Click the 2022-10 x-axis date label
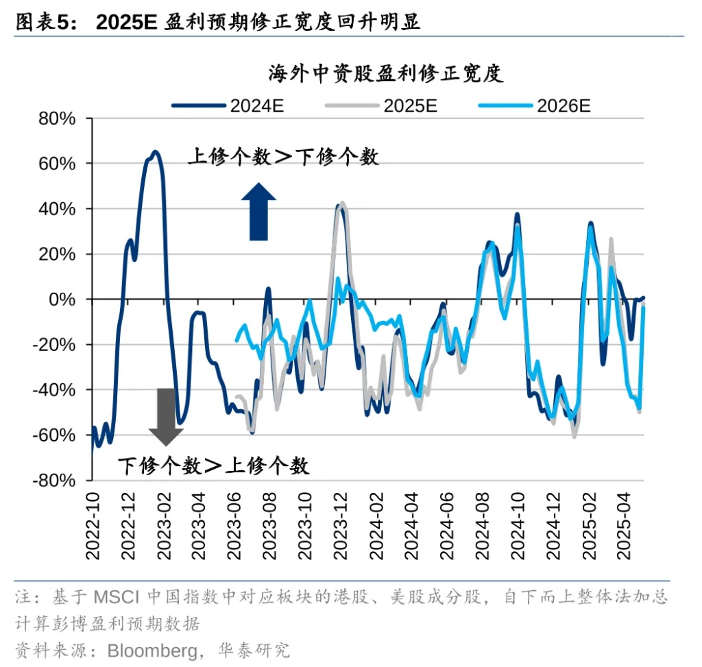click(93, 525)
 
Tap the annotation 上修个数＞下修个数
click(283, 157)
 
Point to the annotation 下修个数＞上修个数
click(213, 466)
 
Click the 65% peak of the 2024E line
click(156, 151)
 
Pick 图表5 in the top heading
click(42, 22)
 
